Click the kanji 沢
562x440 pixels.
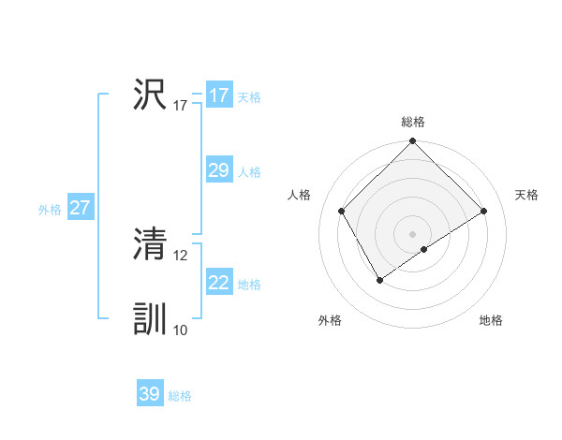coord(150,95)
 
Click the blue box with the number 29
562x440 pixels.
coord(219,169)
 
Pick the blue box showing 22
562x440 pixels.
coord(219,282)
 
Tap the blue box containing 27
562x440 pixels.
coord(80,208)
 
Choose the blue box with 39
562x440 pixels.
coord(150,394)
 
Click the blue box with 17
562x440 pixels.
coord(219,95)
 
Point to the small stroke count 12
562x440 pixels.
coord(181,255)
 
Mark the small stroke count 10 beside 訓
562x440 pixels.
coord(181,330)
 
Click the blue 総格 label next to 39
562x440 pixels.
coord(180,396)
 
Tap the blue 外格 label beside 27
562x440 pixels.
coord(50,210)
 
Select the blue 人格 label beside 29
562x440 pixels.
coord(249,172)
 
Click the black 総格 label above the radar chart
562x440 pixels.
coord(413,122)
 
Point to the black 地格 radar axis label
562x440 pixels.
coord(491,320)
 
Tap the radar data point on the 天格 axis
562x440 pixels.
coord(484,212)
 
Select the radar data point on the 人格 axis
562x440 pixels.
coord(342,211)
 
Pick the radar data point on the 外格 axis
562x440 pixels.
coord(379,279)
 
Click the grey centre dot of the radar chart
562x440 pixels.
coord(413,234)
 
